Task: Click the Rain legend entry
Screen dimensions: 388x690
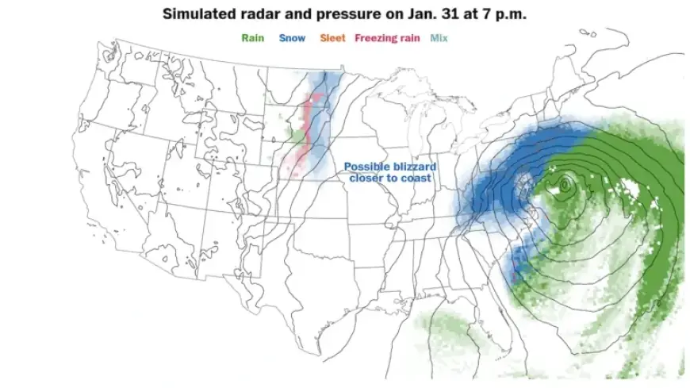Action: pyautogui.click(x=253, y=37)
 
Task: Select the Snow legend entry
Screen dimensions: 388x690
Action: pyautogui.click(x=291, y=37)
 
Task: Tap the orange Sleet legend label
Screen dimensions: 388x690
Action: pyautogui.click(x=332, y=37)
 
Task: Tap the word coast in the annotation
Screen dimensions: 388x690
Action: pyautogui.click(x=416, y=179)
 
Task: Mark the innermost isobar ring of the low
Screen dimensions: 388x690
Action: pyautogui.click(x=564, y=185)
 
